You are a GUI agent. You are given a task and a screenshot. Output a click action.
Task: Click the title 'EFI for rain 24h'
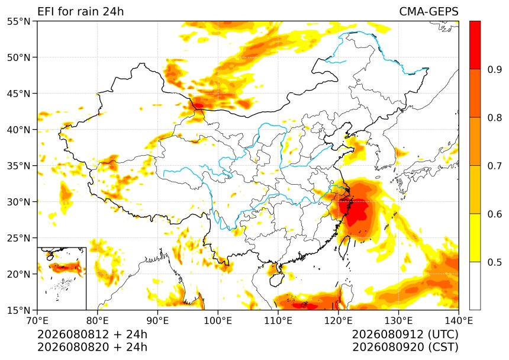click(x=80, y=11)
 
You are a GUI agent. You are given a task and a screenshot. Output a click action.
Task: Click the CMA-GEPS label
click(x=429, y=11)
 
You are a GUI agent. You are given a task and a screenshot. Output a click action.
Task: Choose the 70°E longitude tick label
click(x=37, y=321)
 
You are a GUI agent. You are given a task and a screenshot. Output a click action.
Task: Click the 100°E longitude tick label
click(x=218, y=321)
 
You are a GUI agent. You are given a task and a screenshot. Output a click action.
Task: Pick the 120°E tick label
click(x=339, y=321)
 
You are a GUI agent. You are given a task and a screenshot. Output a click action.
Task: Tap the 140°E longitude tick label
click(x=459, y=321)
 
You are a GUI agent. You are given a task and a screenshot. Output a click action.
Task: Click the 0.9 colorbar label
click(x=495, y=69)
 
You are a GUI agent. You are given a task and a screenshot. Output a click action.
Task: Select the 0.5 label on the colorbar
click(x=495, y=262)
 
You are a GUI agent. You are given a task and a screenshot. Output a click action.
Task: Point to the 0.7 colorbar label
click(x=495, y=166)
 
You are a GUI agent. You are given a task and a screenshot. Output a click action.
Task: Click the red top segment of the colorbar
click(x=475, y=45)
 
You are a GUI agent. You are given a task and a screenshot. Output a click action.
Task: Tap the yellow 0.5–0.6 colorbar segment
click(x=475, y=237)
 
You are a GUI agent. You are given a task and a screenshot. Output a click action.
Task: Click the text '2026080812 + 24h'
click(x=92, y=334)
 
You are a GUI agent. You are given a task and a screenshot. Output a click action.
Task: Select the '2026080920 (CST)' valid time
click(x=405, y=347)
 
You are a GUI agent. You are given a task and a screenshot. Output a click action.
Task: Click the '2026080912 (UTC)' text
click(x=405, y=334)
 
